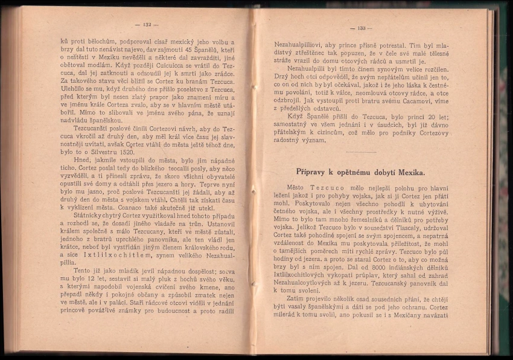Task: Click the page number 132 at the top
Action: (147, 25)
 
